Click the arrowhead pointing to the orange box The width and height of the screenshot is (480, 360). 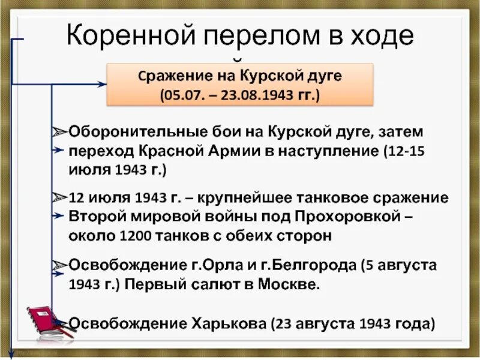click(103, 85)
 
